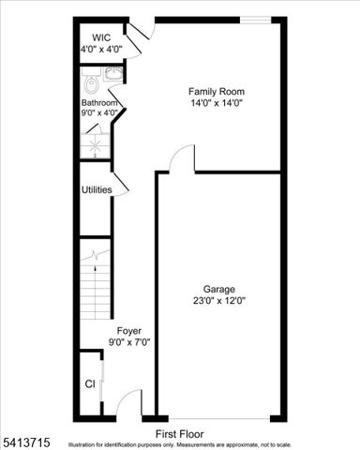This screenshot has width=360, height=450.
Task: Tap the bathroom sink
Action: (x=112, y=74)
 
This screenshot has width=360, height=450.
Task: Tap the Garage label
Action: (x=218, y=289)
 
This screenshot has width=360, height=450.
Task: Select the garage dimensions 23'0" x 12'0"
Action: (x=218, y=301)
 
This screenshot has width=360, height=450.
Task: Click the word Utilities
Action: (x=97, y=190)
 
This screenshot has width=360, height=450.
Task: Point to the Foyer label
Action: (x=128, y=331)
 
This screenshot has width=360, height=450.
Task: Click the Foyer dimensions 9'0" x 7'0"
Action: (x=128, y=342)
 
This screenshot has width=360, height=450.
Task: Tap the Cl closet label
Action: (x=90, y=384)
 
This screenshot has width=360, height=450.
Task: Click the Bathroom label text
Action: (x=99, y=102)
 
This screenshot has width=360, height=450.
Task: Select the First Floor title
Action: (x=179, y=434)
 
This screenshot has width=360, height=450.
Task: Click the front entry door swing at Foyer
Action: (x=132, y=403)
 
